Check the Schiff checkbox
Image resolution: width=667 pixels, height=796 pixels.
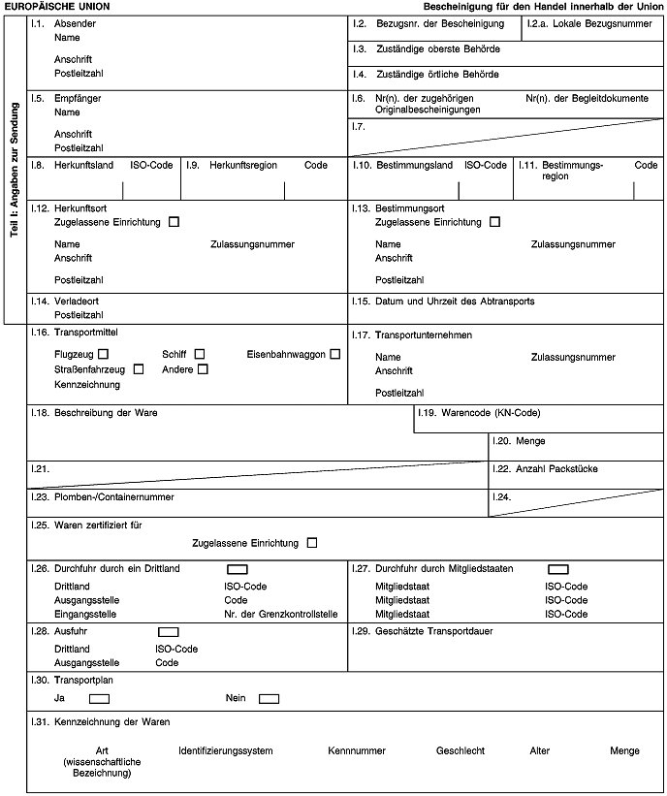[x=200, y=353]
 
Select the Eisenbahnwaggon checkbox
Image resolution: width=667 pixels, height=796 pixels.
[x=334, y=353]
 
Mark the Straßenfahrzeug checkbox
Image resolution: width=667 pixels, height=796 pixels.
[x=139, y=368]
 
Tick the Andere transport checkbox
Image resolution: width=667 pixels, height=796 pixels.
[x=203, y=368]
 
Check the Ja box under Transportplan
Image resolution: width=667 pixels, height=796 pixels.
[x=98, y=698]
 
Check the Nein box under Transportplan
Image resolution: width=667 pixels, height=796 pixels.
[x=269, y=698]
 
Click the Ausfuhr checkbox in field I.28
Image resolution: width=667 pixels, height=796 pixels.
[x=168, y=632]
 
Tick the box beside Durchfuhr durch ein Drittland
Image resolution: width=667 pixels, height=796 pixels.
[x=238, y=569]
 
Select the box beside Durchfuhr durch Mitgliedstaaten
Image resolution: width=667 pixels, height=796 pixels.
[x=557, y=569]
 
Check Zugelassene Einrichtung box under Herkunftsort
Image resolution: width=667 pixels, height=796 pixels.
[x=174, y=223]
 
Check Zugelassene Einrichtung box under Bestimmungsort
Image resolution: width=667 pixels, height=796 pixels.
[x=494, y=223]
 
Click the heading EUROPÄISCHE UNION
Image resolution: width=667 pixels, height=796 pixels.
[x=59, y=6]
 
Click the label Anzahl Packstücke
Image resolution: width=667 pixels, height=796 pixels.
[x=543, y=469]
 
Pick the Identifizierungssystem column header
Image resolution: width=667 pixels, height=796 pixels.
[x=226, y=750]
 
